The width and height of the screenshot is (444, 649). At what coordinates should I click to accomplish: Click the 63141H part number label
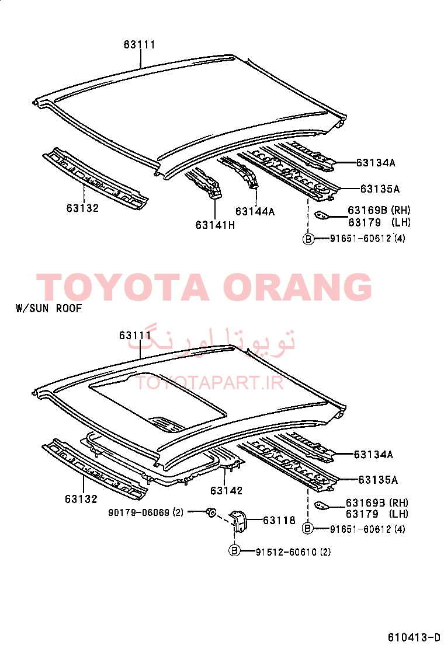[x=215, y=225]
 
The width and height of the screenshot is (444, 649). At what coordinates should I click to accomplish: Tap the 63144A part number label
[x=255, y=211]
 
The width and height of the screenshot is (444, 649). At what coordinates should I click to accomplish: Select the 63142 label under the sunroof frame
[x=226, y=490]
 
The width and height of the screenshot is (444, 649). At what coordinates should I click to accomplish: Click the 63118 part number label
[x=279, y=520]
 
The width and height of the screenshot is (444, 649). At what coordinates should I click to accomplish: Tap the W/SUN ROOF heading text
[x=49, y=308]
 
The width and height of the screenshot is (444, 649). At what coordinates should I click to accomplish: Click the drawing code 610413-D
[x=414, y=637]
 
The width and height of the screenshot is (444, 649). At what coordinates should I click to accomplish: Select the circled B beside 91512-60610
[x=234, y=551]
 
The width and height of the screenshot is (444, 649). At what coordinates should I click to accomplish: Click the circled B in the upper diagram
[x=308, y=239]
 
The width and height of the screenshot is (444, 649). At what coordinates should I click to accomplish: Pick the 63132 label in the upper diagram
[x=82, y=208]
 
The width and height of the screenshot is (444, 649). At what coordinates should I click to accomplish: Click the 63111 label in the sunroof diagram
[x=135, y=335]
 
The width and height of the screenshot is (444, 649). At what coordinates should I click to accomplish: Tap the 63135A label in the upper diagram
[x=380, y=189]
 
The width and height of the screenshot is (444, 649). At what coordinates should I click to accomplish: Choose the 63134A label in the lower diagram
[x=373, y=455]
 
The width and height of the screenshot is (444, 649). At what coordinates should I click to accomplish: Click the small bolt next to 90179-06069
[x=211, y=512]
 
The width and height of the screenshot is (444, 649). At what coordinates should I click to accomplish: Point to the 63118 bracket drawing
[x=240, y=521]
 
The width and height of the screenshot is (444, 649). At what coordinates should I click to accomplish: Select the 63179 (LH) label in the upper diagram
[x=379, y=223]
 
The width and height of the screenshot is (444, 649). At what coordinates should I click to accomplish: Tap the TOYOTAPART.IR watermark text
[x=210, y=383]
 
